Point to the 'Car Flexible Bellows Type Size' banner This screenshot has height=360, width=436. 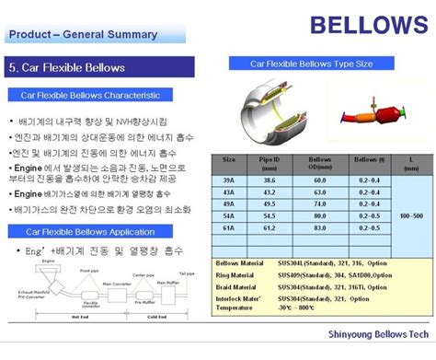pyautogui.click(x=312, y=64)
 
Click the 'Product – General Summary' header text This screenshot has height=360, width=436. pyautogui.click(x=82, y=35)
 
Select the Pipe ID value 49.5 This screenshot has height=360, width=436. pyautogui.click(x=270, y=202)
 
